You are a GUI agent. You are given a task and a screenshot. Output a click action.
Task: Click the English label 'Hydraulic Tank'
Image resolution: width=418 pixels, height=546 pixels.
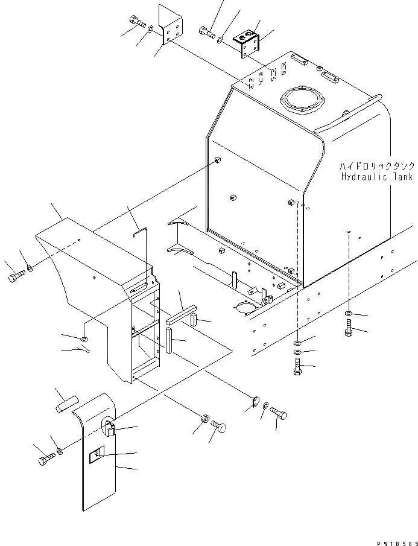[376, 177]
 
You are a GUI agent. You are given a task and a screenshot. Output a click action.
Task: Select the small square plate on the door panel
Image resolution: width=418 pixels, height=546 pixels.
[97, 457]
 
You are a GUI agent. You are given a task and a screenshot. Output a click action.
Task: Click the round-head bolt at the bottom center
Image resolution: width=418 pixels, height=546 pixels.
[220, 427]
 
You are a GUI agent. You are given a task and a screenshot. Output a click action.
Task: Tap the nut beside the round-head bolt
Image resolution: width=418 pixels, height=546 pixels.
[205, 417]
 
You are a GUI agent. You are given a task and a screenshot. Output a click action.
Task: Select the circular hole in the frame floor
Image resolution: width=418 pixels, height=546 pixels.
[244, 308]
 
